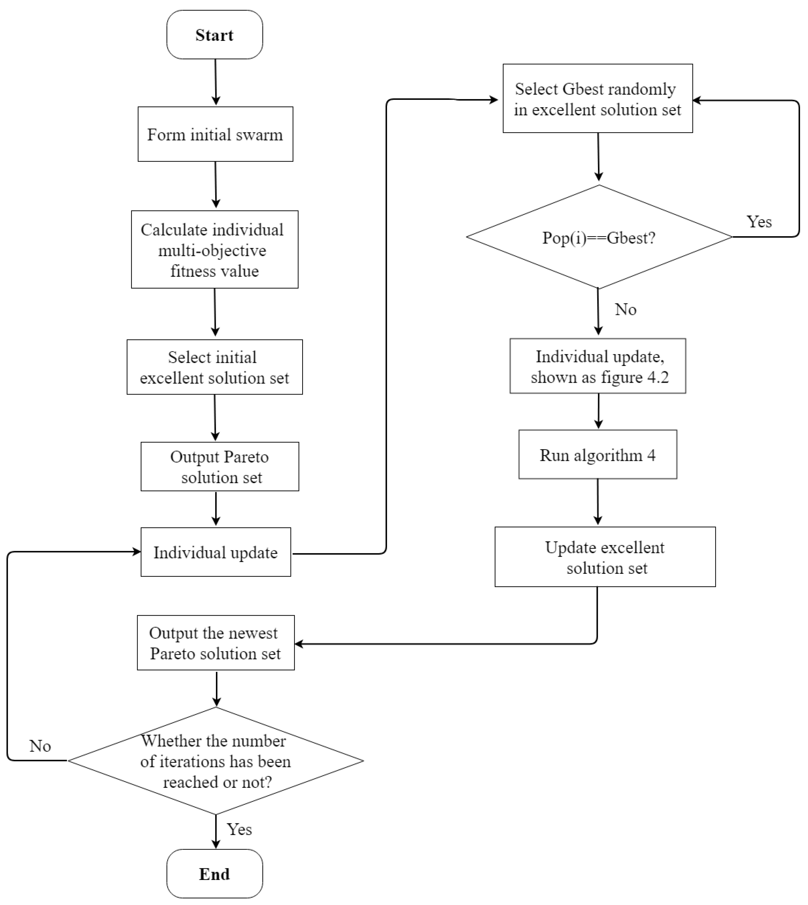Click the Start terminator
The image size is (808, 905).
point(214,35)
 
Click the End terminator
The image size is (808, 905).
point(214,874)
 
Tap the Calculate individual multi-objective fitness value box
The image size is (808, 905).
point(214,249)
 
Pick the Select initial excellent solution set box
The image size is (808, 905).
point(214,367)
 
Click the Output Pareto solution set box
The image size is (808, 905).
point(220,467)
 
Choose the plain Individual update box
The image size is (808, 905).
point(216,552)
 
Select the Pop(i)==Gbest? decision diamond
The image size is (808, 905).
point(599,237)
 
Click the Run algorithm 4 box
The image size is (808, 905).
point(598,455)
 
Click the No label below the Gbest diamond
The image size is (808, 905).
point(625,309)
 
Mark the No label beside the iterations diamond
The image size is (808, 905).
point(40,746)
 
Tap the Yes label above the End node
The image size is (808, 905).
point(239,829)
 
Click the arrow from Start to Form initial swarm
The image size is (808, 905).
point(216,82)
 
